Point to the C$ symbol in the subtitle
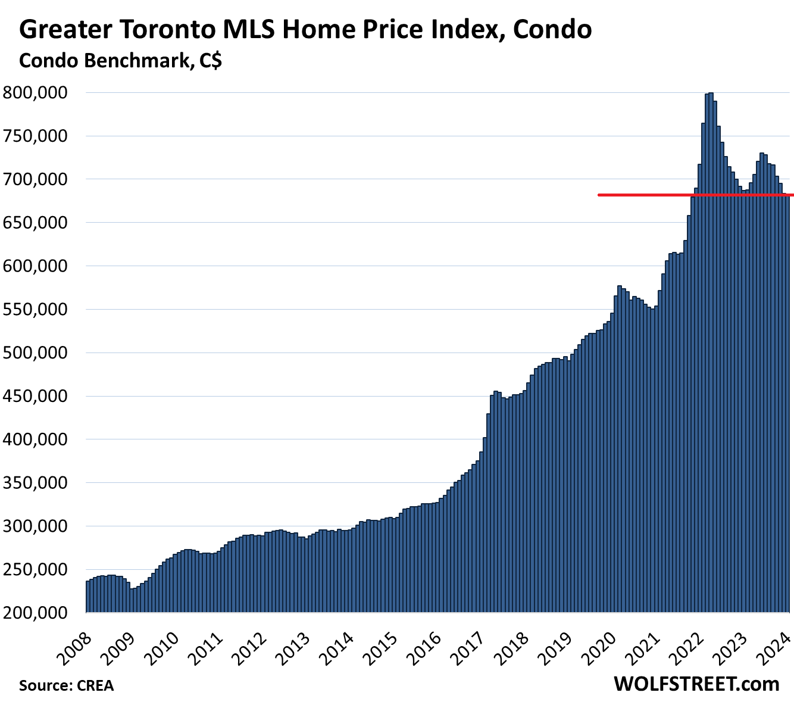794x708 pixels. pos(209,61)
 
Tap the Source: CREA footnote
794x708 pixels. pos(66,685)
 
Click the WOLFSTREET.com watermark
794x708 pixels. pos(696,684)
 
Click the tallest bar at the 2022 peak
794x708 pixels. pos(711,351)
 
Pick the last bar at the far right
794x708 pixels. pos(787,405)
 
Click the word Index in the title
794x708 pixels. pos(458,30)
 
